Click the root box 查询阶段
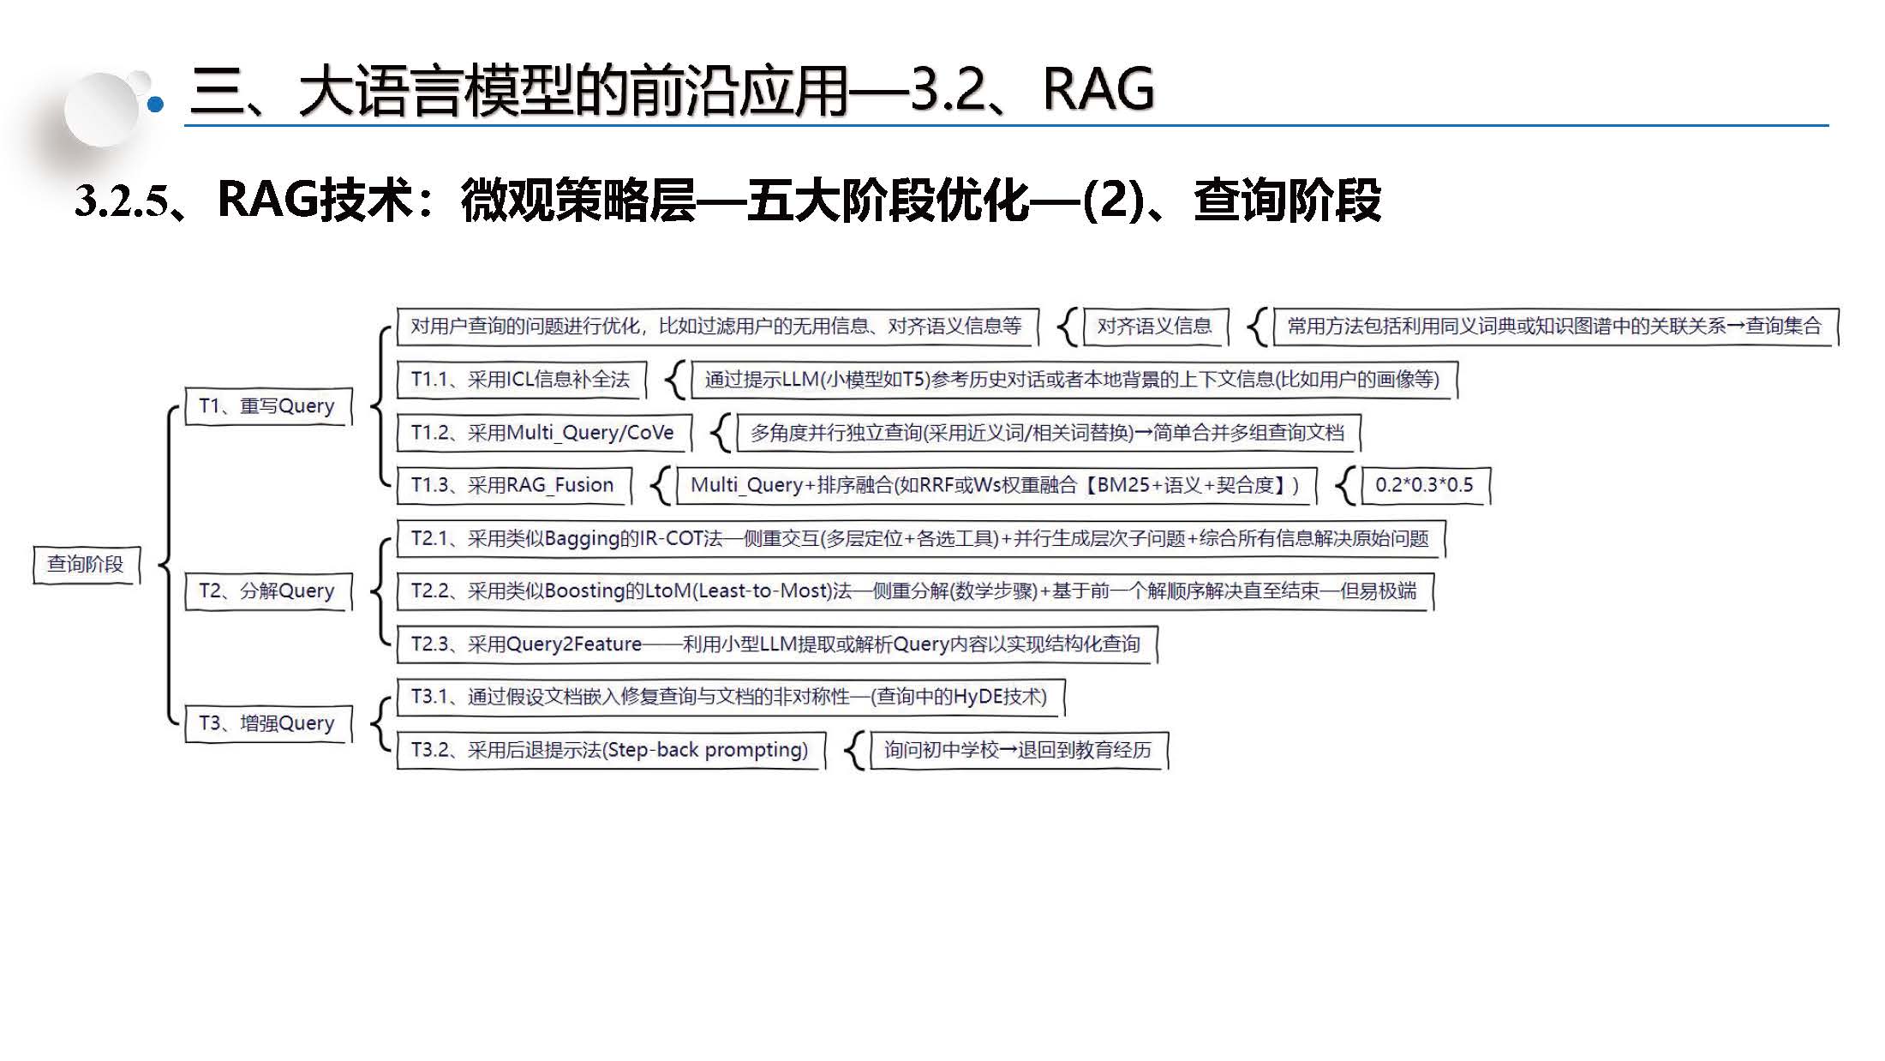point(86,564)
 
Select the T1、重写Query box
point(267,405)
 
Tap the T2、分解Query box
point(267,590)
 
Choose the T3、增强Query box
point(267,723)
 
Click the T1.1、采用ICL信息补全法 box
point(521,380)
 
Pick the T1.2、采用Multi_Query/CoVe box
point(543,433)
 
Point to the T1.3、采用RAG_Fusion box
point(513,485)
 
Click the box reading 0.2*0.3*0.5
point(1425,485)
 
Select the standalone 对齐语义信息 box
point(1155,327)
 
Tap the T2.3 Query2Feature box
point(776,644)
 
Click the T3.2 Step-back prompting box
point(610,750)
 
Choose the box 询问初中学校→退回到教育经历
point(1018,750)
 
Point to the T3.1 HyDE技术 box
point(730,697)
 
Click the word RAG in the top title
point(1098,89)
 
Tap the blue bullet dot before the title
point(155,105)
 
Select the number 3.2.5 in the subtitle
point(121,201)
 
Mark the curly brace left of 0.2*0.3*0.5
point(1346,486)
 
